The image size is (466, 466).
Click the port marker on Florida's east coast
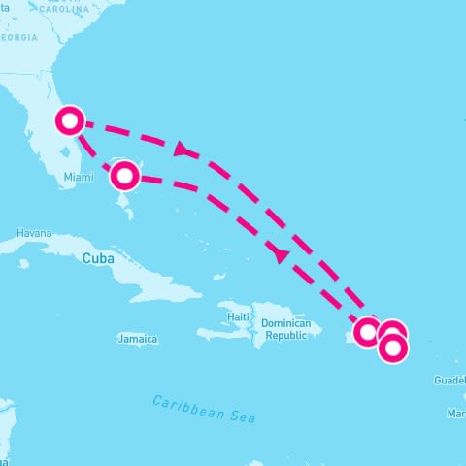click(70, 121)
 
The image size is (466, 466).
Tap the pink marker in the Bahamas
click(124, 176)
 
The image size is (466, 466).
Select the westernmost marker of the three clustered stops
click(367, 332)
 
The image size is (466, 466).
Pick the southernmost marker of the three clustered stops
click(393, 348)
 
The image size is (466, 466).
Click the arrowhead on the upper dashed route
click(181, 149)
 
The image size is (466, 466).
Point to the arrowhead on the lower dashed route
click(282, 255)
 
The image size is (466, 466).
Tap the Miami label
click(79, 177)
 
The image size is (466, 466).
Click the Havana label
click(33, 235)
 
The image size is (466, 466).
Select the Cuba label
click(98, 258)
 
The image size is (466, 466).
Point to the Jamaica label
click(137, 339)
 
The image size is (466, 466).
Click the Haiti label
click(239, 316)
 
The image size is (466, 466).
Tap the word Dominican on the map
click(286, 323)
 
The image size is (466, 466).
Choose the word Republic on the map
click(286, 335)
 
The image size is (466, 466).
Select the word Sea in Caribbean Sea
click(242, 416)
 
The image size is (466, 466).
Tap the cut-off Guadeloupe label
click(450, 381)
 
